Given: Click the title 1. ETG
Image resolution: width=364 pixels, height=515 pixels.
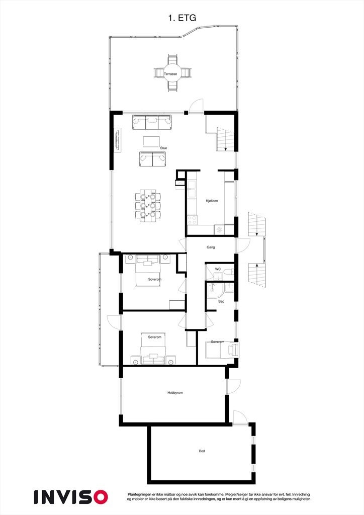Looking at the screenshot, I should (x=181, y=18).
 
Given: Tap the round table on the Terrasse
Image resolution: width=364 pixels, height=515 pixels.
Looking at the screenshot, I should (x=171, y=74).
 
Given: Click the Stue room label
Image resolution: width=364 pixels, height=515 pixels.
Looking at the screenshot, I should (x=163, y=148).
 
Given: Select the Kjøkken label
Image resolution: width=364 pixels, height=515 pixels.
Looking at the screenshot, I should (x=212, y=201).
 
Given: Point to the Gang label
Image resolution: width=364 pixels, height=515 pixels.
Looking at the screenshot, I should (x=211, y=247).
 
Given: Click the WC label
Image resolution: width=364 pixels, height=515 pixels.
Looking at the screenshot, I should (x=218, y=269).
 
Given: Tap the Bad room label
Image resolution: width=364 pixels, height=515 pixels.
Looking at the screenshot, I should (x=221, y=302).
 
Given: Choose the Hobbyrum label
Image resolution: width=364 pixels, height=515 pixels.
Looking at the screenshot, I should (x=175, y=393).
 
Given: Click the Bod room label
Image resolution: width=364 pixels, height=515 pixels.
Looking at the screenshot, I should (x=202, y=451).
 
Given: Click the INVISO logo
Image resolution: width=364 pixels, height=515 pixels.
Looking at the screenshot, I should (x=71, y=497).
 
